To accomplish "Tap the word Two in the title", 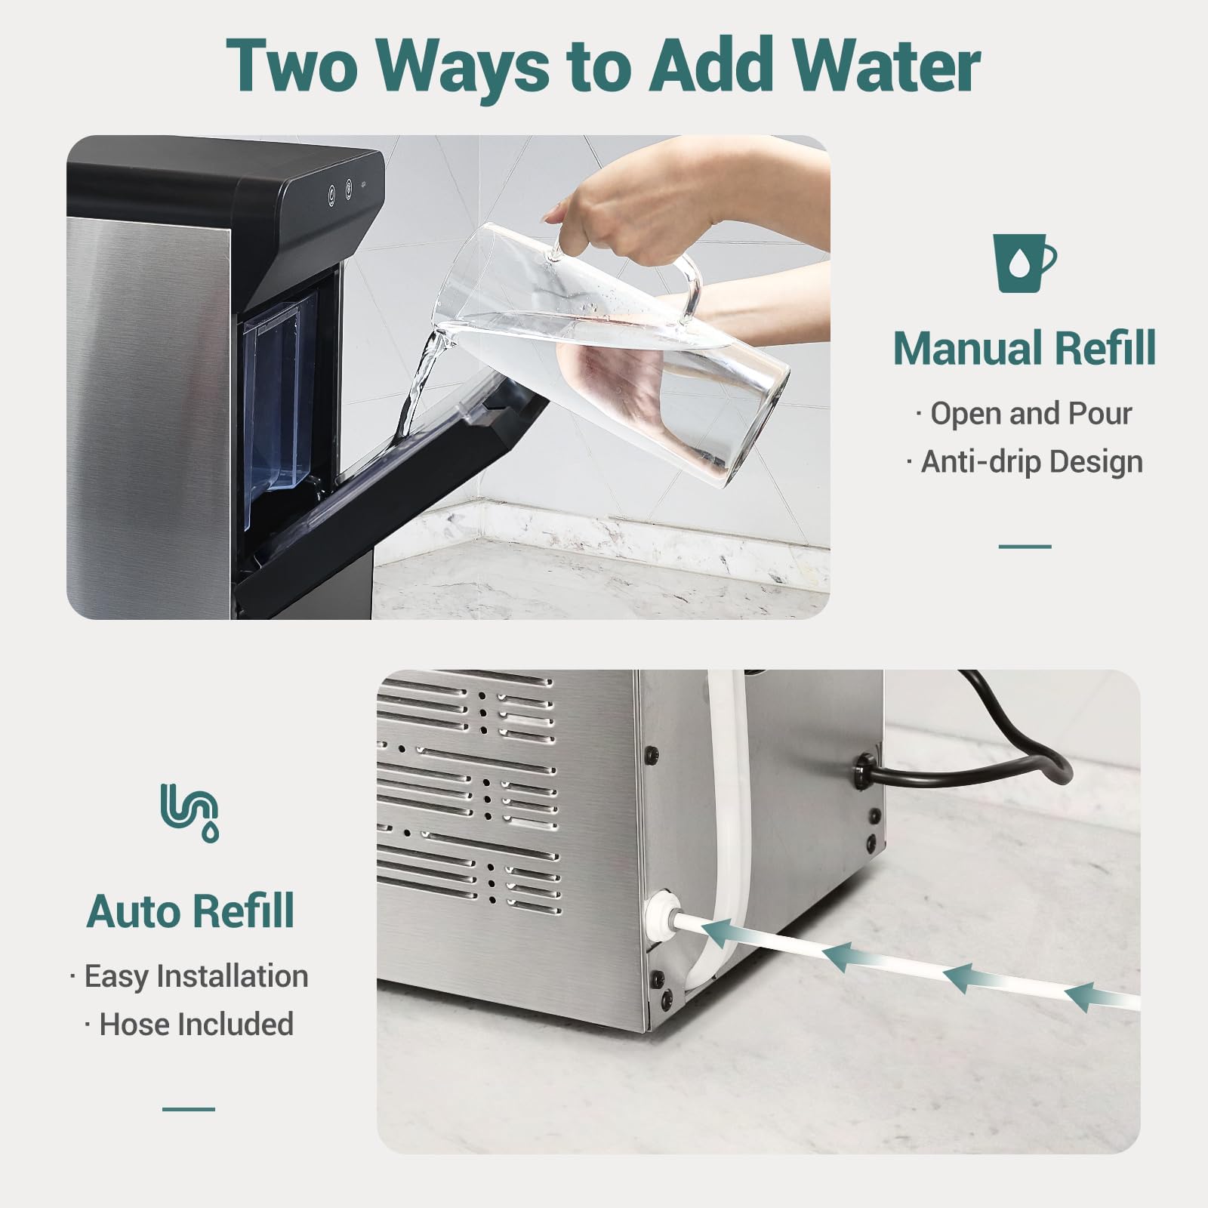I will click(292, 66).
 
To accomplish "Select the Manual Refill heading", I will click(1024, 348).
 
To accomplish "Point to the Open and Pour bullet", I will click(1024, 414).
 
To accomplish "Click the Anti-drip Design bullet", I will click(1024, 462).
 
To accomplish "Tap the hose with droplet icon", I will click(190, 812).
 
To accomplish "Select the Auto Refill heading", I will click(190, 911).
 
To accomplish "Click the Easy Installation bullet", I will click(190, 976).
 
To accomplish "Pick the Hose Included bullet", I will click(190, 1025).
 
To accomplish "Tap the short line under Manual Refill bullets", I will click(1025, 546).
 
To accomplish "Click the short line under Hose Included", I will click(189, 1109).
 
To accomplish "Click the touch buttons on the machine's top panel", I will click(340, 193).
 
